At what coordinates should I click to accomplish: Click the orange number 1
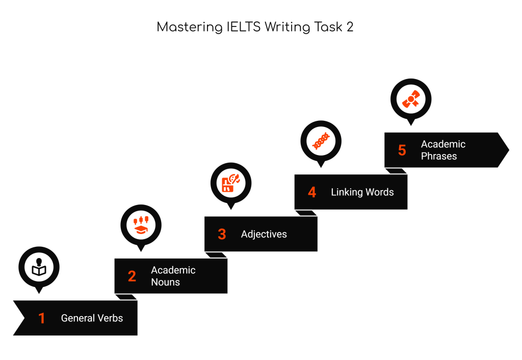pos(42,319)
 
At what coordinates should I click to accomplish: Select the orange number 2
pos(132,276)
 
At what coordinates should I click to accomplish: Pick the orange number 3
pos(222,234)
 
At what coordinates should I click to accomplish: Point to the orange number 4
pos(312,192)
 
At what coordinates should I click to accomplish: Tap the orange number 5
pos(402,150)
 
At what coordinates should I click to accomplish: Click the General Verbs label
pos(92,318)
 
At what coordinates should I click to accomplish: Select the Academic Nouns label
pos(173,276)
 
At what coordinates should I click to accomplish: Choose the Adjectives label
pos(264,234)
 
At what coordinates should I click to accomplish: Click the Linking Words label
pos(362,192)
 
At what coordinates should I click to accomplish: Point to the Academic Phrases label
pos(443,150)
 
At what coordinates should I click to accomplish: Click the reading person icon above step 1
pos(39,267)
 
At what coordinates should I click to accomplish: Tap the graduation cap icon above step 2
pos(141,224)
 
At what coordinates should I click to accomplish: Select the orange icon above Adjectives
pos(231,183)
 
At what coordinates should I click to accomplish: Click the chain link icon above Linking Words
pos(321,141)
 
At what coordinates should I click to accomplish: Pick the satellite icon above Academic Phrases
pos(411,98)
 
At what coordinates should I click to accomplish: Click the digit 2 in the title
pos(350,27)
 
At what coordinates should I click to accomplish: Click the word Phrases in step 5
pos(439,156)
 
